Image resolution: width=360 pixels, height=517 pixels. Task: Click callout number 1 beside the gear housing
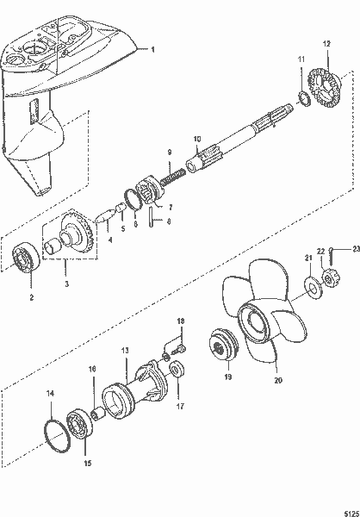click(x=154, y=51)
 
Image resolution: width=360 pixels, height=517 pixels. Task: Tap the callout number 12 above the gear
click(x=326, y=43)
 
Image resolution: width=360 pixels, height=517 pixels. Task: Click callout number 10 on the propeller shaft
click(x=196, y=140)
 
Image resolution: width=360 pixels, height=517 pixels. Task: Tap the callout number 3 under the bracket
click(x=66, y=282)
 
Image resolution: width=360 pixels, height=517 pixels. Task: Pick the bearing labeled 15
click(x=86, y=425)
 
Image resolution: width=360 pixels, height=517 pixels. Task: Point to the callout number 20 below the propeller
click(x=278, y=377)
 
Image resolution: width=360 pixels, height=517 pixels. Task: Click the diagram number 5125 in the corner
click(x=347, y=508)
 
